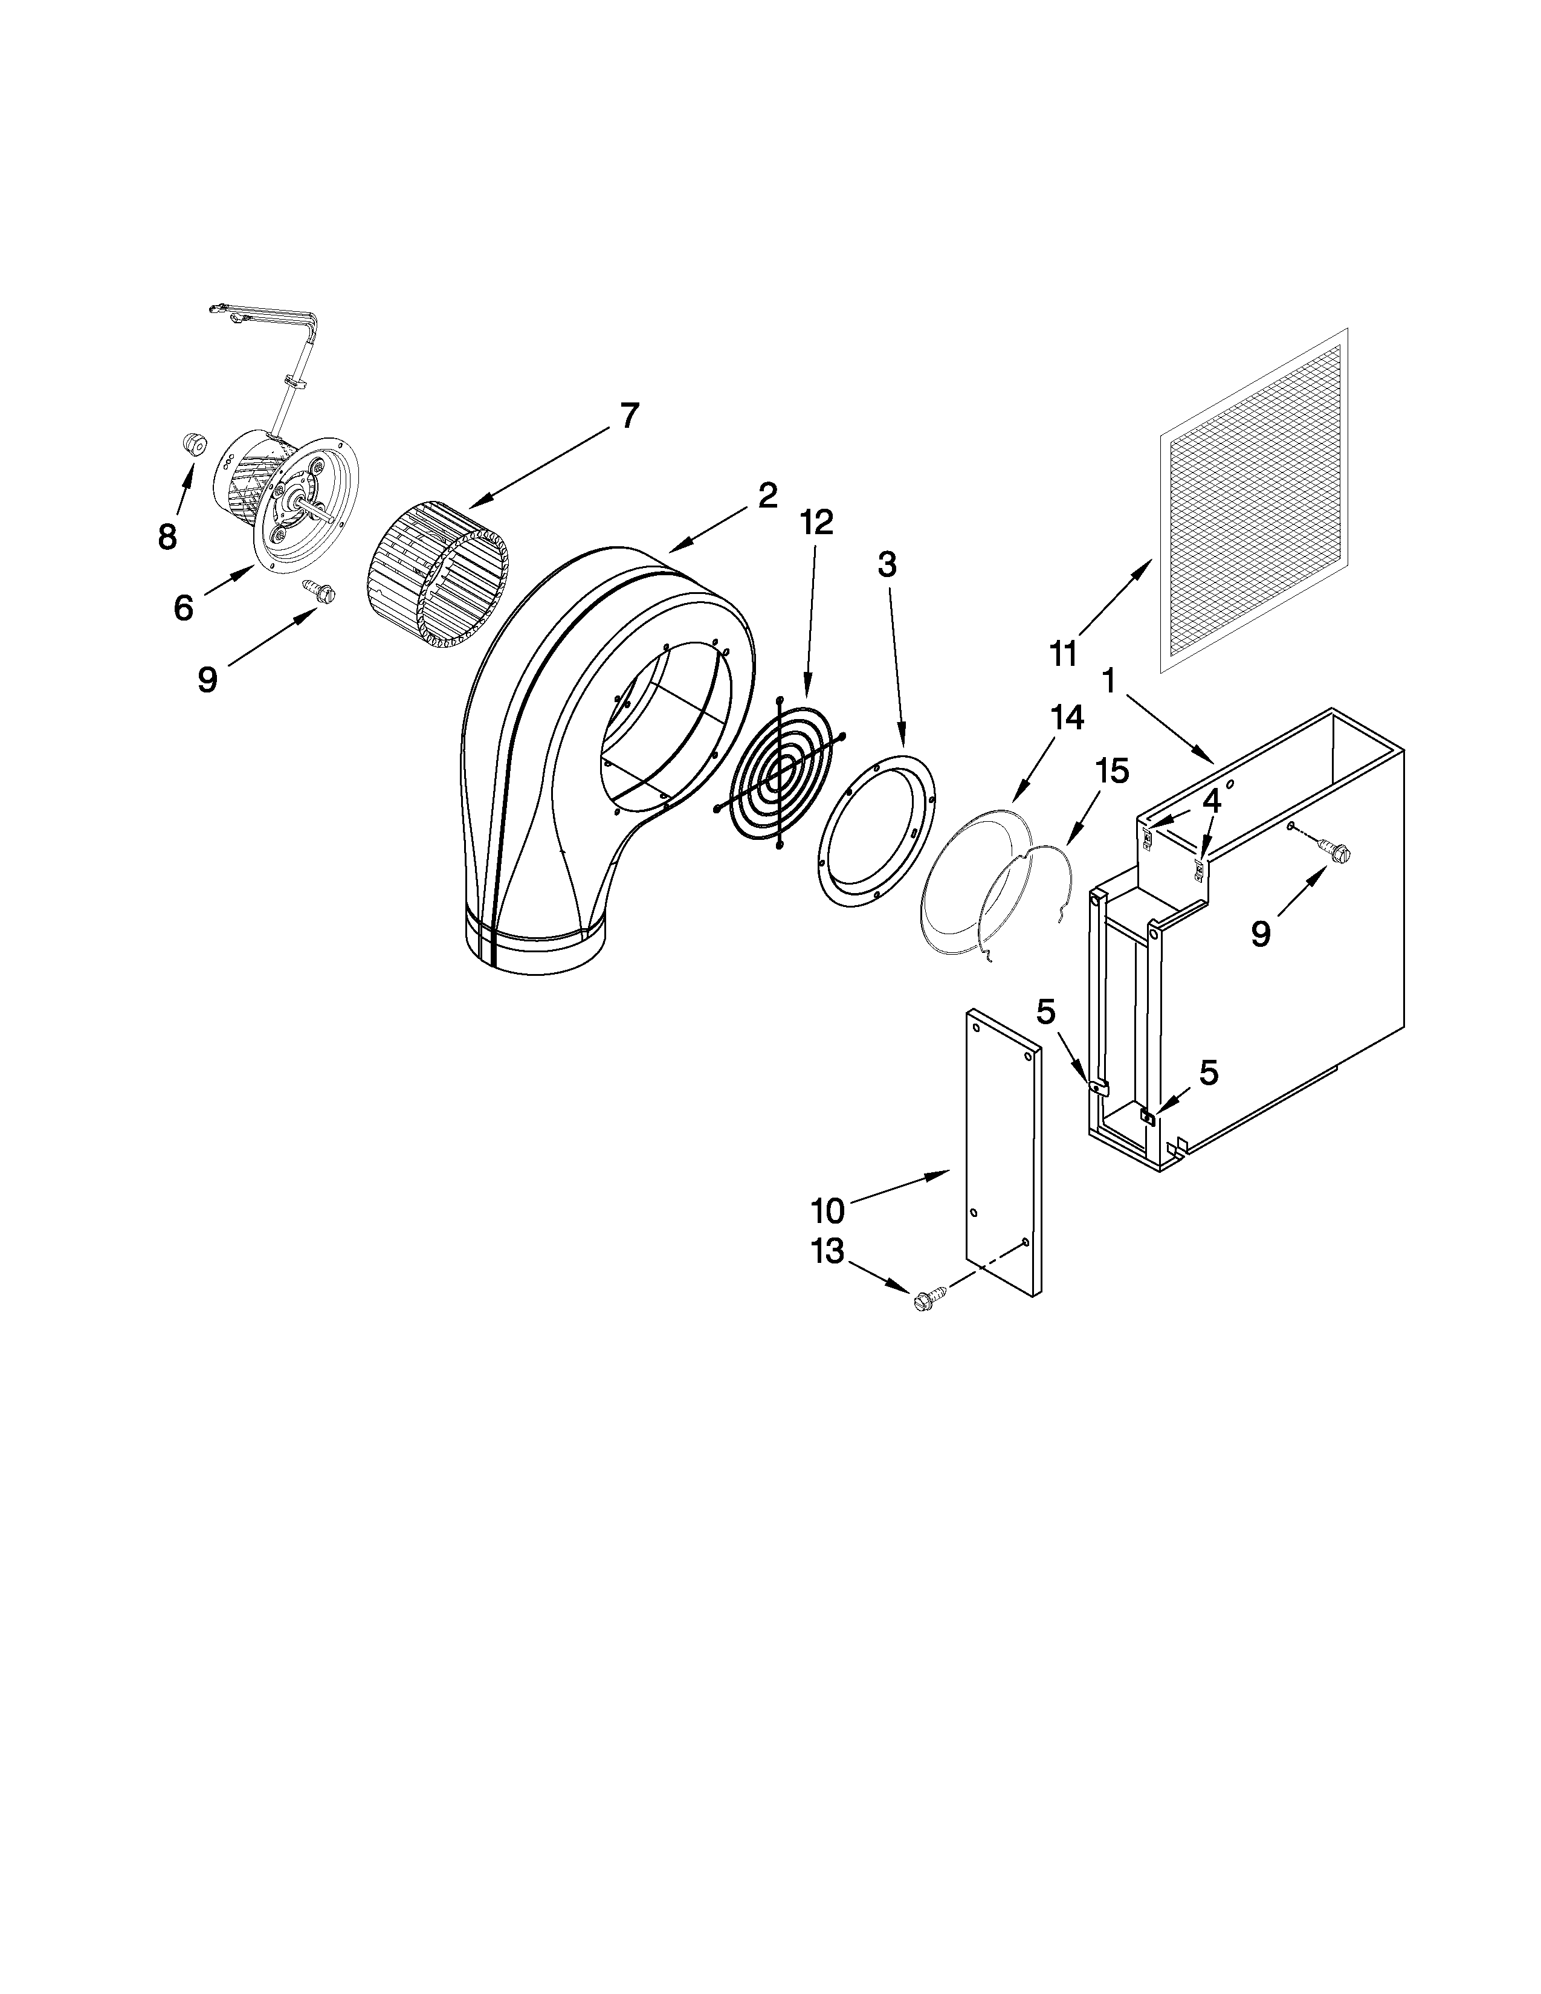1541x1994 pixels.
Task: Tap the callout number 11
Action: point(1064,654)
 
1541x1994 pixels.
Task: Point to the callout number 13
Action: point(827,1252)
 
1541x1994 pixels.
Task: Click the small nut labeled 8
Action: point(193,444)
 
